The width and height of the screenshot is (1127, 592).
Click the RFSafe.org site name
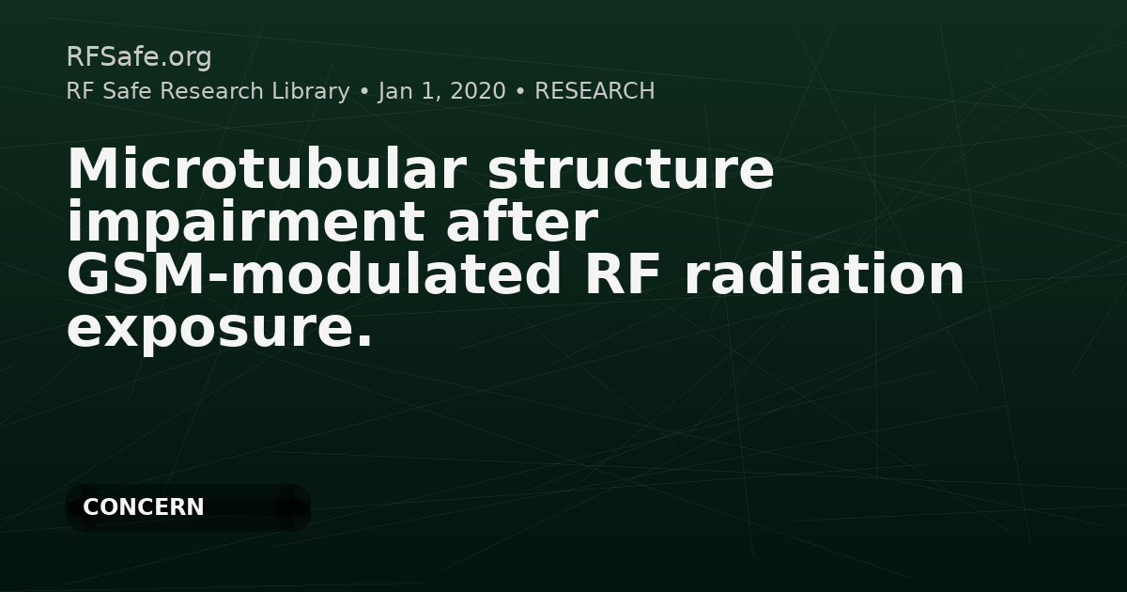pos(139,57)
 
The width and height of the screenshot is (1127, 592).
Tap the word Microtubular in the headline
pos(267,169)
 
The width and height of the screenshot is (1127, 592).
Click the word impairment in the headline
pos(245,223)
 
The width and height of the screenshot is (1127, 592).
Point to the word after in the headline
pos(522,221)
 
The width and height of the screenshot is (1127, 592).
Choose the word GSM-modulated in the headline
pos(314,274)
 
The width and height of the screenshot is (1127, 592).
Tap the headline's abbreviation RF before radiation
pos(623,274)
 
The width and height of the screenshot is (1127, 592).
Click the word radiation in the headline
pos(824,274)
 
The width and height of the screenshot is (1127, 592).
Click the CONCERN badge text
pos(144,507)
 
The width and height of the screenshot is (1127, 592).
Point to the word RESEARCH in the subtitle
pos(594,91)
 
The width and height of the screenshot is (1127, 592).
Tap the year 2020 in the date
pos(478,91)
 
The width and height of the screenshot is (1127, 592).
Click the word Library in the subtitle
pos(311,92)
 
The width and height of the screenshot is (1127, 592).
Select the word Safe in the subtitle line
pos(127,91)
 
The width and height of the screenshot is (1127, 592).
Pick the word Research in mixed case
pos(211,91)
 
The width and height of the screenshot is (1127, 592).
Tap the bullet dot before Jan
pos(364,92)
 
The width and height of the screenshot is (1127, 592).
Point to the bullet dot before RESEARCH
pos(520,92)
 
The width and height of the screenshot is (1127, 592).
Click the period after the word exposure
pos(363,341)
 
